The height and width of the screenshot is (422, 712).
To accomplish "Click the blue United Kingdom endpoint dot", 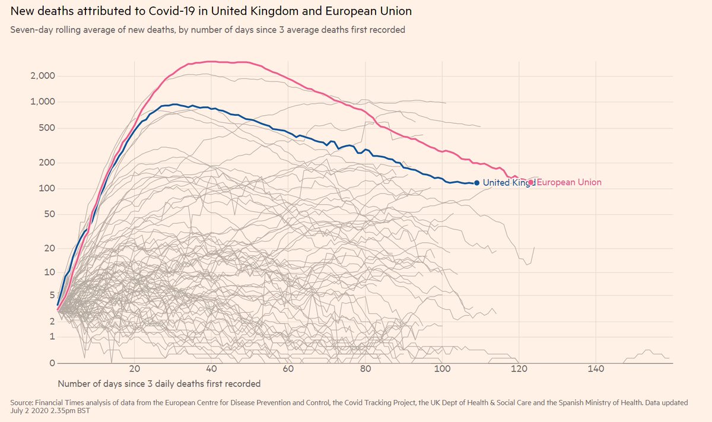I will point(476,183).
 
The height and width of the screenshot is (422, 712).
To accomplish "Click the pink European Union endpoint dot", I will point(531,183).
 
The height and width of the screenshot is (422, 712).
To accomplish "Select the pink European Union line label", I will point(569,183).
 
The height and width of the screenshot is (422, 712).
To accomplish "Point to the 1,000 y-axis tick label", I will point(43,102).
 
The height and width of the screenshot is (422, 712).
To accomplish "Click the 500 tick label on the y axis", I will point(47,128).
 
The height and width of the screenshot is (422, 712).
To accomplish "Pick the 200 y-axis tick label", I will point(47,163).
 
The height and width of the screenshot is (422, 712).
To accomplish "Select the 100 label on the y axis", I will point(47,189).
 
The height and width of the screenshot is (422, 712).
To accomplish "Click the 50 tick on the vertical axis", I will point(49,214).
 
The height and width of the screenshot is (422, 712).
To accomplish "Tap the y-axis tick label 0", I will point(52,363).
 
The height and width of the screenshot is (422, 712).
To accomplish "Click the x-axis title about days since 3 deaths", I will point(159,383).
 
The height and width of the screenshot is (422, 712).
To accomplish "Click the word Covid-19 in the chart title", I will point(176,11).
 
